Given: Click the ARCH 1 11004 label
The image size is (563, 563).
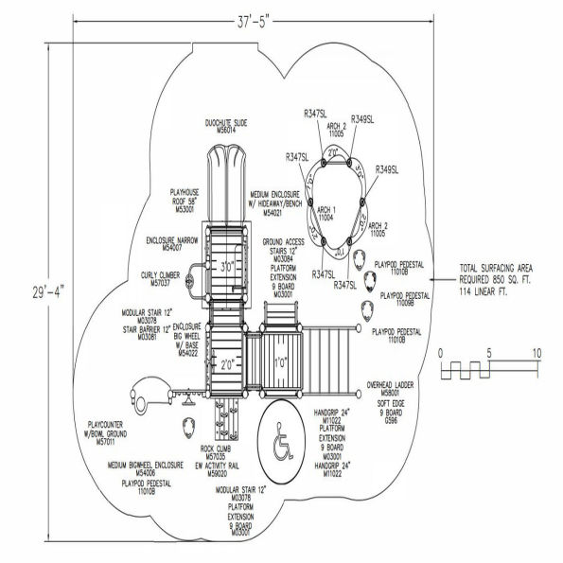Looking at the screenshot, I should pyautogui.click(x=325, y=213).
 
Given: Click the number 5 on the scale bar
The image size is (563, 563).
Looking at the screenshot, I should pyautogui.click(x=488, y=353).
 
